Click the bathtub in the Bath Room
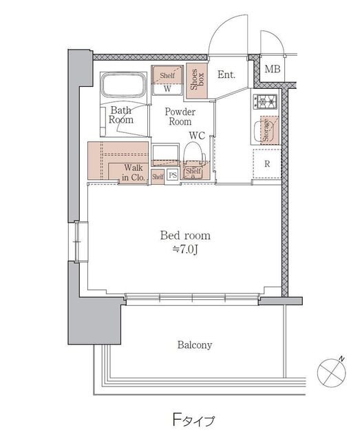[124, 85]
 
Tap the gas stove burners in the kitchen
[266, 102]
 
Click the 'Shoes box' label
[198, 80]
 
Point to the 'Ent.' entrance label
[226, 74]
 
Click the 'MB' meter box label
[273, 69]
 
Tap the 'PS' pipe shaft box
[173, 176]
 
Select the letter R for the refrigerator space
[267, 164]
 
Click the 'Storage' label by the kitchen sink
[266, 130]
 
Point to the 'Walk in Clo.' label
[134, 172]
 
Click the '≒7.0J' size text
[185, 249]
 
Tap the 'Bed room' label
[185, 236]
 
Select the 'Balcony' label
[195, 345]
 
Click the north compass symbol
[332, 372]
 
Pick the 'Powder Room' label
[180, 116]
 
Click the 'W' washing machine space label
[167, 89]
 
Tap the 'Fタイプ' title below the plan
[193, 420]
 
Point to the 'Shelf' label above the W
[167, 75]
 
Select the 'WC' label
[197, 136]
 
